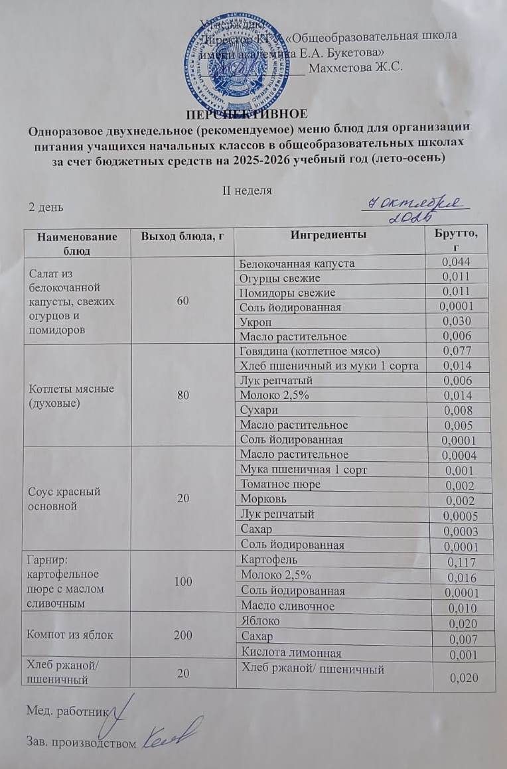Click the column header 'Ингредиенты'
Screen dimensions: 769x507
point(327,235)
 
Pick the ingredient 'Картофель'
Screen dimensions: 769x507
point(264,561)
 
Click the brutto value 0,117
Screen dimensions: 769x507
point(461,562)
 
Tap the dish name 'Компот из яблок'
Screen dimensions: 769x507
point(68,635)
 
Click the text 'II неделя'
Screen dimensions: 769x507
point(246,190)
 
